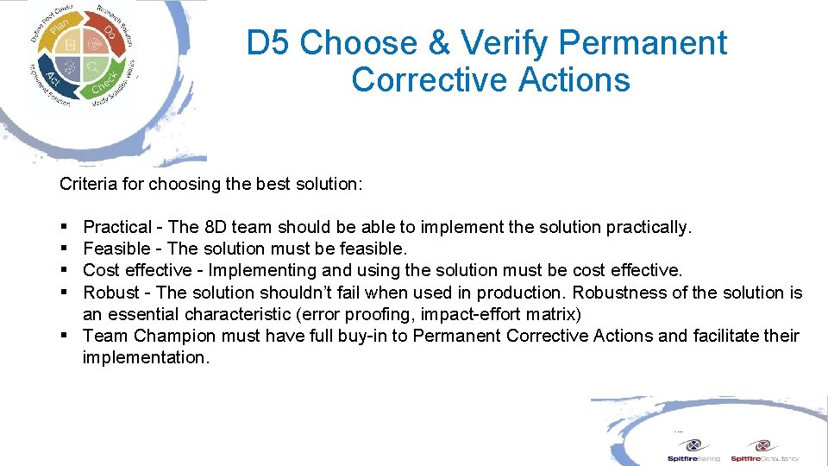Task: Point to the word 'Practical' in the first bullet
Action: tap(116, 228)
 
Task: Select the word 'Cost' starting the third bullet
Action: tap(101, 271)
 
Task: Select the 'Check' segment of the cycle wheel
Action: tap(103, 85)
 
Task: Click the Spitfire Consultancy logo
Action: tap(764, 450)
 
